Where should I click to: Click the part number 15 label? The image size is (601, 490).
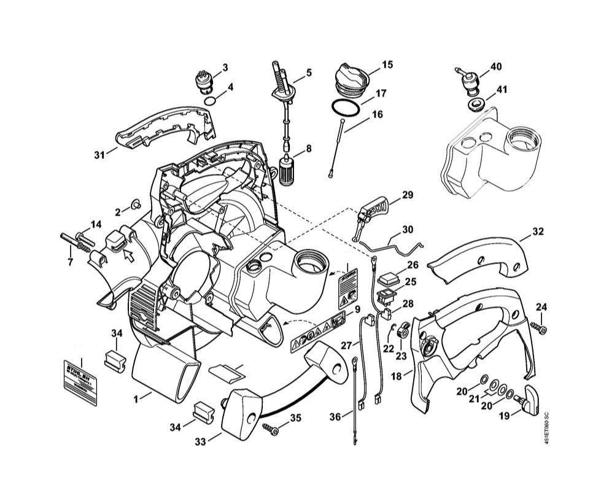pos(387,64)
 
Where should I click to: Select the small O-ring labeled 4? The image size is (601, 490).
pos(209,100)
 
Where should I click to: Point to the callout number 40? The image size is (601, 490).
pos(496,66)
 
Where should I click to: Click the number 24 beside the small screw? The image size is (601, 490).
pos(541,307)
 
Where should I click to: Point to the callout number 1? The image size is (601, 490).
pos(136,399)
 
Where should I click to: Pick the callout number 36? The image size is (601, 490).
pos(335,417)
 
